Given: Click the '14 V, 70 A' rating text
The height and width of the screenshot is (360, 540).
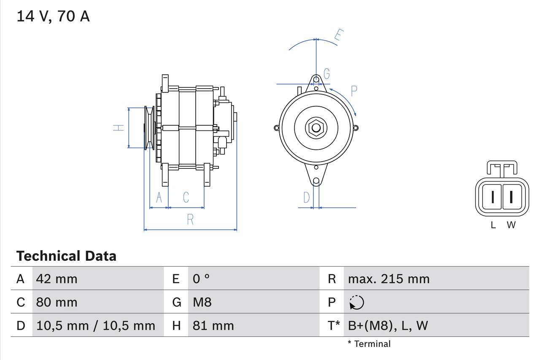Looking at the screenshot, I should [x=53, y=16].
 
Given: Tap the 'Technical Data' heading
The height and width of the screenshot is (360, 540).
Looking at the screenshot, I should [x=66, y=256].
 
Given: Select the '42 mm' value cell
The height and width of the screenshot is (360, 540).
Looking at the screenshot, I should [x=57, y=279].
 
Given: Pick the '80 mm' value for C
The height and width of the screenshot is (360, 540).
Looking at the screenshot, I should [x=57, y=302].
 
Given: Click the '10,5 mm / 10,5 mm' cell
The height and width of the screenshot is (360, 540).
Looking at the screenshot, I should [x=96, y=325].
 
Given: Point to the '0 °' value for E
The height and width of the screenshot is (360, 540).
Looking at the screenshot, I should [x=201, y=279].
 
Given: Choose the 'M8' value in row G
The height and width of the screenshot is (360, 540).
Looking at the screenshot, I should [x=202, y=302].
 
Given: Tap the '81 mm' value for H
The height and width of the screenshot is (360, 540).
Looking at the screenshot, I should [x=213, y=325].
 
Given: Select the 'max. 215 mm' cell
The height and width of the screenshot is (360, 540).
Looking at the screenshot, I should [x=389, y=279].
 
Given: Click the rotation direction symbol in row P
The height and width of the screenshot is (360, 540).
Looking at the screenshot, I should [x=356, y=303].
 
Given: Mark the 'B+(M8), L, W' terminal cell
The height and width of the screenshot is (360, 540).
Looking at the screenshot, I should [x=388, y=325].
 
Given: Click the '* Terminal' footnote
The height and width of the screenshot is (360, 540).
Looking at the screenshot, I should [x=369, y=344].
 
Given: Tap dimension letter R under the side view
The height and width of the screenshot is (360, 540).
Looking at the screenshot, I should [x=190, y=219].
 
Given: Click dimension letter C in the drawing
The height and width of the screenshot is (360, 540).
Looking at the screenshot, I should [x=186, y=197].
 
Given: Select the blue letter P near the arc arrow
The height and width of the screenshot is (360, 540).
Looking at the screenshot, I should [x=354, y=91].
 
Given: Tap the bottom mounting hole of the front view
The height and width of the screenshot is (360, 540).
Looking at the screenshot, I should [x=316, y=181].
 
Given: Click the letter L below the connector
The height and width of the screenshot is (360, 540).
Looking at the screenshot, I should [x=493, y=225].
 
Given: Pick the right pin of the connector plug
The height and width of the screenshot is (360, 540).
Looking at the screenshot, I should [x=511, y=197].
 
